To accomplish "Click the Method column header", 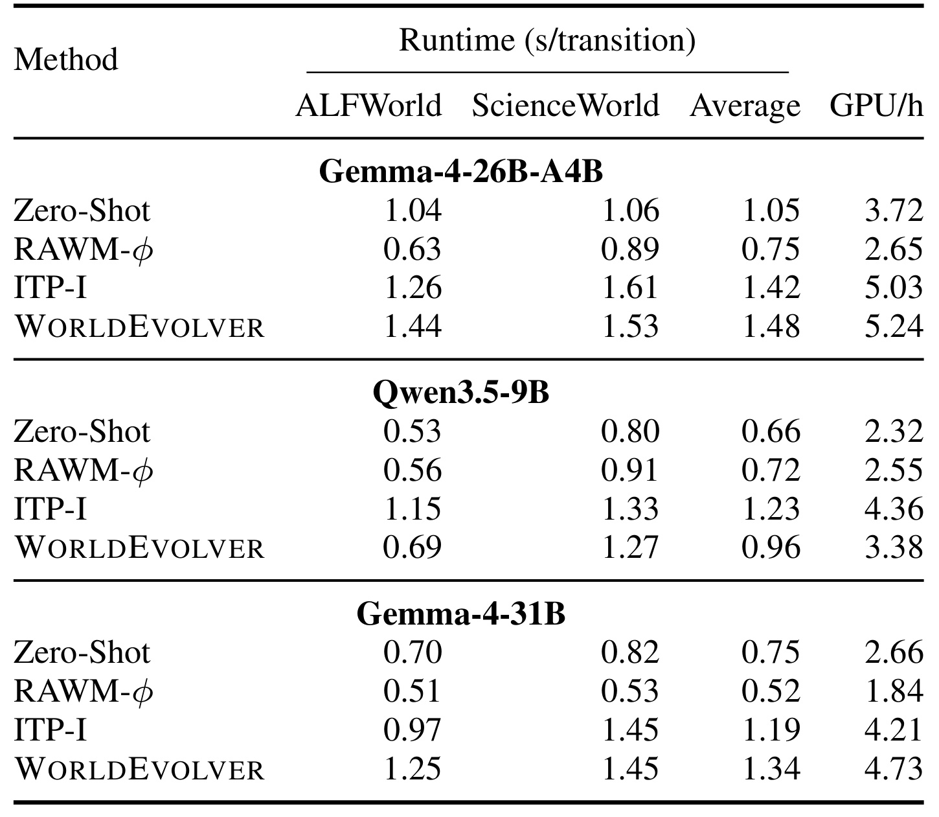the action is pyautogui.click(x=66, y=60).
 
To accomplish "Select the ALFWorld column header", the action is pyautogui.click(x=368, y=106).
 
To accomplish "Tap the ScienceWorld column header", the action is pyautogui.click(x=565, y=106).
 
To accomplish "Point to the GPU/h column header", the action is pyautogui.click(x=876, y=106).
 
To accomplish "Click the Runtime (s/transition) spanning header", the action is pyautogui.click(x=547, y=40).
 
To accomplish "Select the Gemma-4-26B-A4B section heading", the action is pyautogui.click(x=461, y=171).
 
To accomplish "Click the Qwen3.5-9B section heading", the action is pyautogui.click(x=461, y=393).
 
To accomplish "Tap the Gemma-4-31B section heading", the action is pyautogui.click(x=461, y=614).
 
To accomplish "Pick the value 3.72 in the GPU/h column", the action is pyautogui.click(x=894, y=211).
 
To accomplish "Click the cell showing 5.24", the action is pyautogui.click(x=894, y=327).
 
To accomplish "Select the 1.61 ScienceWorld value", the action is pyautogui.click(x=630, y=288).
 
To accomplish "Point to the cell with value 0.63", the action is pyautogui.click(x=412, y=249).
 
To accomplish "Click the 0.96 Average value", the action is pyautogui.click(x=771, y=547).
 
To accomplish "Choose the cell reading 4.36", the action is pyautogui.click(x=894, y=509).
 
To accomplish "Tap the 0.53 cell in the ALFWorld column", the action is pyautogui.click(x=412, y=432).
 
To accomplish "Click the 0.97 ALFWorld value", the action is pyautogui.click(x=412, y=730).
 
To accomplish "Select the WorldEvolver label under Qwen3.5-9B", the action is pyautogui.click(x=139, y=547).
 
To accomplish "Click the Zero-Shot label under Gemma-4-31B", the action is pyautogui.click(x=82, y=652).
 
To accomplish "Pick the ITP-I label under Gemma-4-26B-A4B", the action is pyautogui.click(x=51, y=288).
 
